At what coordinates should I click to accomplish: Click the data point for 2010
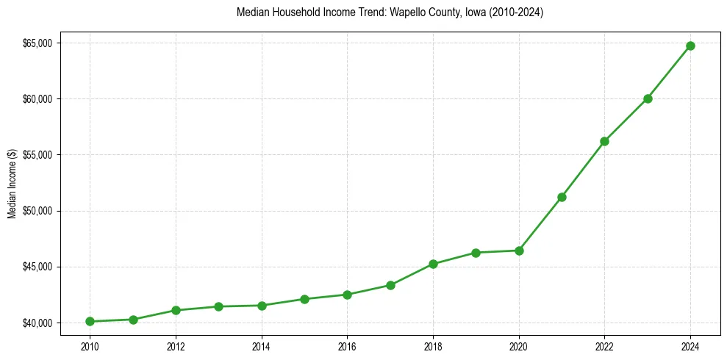coord(90,321)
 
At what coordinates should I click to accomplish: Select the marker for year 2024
coord(690,46)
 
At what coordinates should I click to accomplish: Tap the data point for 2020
coord(519,251)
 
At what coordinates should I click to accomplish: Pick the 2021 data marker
coord(562,197)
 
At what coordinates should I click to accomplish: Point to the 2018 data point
coord(433,264)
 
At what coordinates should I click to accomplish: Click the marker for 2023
coord(648,98)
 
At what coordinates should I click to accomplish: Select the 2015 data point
coord(304,299)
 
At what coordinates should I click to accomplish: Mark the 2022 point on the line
coord(604,141)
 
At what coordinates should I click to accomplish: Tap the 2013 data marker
coord(218,306)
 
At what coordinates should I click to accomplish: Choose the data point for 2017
coord(390,285)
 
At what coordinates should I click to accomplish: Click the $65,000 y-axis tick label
coord(37,43)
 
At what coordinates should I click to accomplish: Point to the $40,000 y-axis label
coord(37,323)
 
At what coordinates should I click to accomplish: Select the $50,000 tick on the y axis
coord(37,211)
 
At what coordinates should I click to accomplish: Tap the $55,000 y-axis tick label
coord(37,155)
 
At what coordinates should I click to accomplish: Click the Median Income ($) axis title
coord(12,183)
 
